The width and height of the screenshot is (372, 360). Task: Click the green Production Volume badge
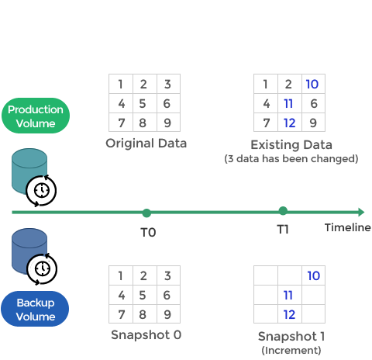click(x=36, y=116)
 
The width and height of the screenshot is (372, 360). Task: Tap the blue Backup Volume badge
click(x=35, y=309)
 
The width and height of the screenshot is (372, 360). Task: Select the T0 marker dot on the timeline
click(x=146, y=213)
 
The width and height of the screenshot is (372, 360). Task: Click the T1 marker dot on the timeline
click(x=283, y=211)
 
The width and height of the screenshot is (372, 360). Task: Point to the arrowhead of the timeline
click(x=361, y=212)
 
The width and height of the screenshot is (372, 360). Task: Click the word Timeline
click(x=348, y=227)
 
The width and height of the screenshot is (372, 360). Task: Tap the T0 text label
click(x=148, y=232)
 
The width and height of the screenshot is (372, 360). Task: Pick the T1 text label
click(x=283, y=229)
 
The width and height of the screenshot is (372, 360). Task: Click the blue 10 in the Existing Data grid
click(x=312, y=84)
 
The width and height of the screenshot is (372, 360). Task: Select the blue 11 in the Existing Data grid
click(x=288, y=103)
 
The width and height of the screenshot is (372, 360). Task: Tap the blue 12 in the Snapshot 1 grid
click(x=289, y=314)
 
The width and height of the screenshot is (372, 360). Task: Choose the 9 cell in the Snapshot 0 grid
click(x=168, y=314)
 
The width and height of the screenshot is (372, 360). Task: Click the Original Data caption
click(x=146, y=144)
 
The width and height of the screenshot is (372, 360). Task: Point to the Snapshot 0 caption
click(x=146, y=335)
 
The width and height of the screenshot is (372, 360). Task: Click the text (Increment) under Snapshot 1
click(x=291, y=351)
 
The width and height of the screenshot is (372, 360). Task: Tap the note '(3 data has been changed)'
click(x=291, y=158)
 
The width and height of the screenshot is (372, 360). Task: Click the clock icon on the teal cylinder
click(x=41, y=191)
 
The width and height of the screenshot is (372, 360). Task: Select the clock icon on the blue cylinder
click(x=42, y=269)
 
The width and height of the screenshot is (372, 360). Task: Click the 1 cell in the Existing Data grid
click(x=266, y=84)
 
